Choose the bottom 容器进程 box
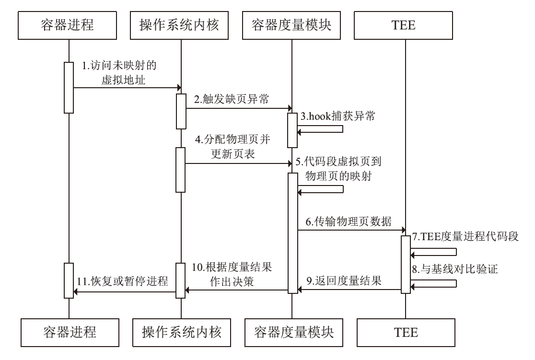(68, 331)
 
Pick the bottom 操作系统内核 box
(181, 331)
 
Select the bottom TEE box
(405, 331)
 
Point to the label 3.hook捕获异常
(334, 116)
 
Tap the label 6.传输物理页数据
(349, 222)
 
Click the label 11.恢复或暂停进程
(123, 281)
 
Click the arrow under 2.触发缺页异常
(237, 108)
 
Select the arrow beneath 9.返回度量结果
(349, 290)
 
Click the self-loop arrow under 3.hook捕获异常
(321, 130)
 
